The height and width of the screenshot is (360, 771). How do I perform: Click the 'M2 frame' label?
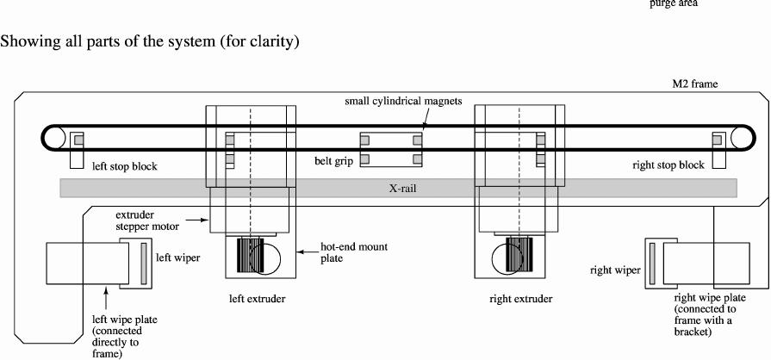694,85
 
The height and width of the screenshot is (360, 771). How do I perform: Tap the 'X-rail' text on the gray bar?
398,187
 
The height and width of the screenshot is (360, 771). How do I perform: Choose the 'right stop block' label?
668,164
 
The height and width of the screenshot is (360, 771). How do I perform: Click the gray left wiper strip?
144,263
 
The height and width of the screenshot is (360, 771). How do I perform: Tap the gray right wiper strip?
653,263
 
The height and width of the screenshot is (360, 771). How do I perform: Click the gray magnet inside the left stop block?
77,140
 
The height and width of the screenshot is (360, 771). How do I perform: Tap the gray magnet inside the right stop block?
717,140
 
